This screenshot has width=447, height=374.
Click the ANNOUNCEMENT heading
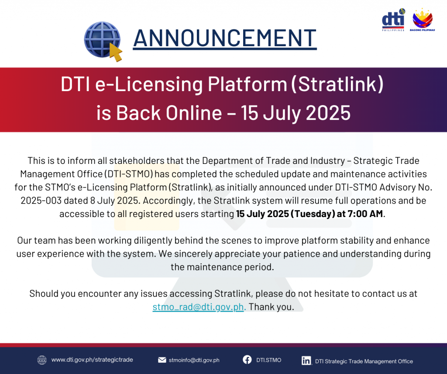pyautogui.click(x=225, y=38)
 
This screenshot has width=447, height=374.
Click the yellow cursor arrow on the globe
pyautogui.click(x=116, y=52)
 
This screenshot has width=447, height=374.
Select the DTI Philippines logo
pyautogui.click(x=393, y=20)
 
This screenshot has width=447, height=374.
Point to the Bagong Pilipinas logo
pyautogui.click(x=423, y=20)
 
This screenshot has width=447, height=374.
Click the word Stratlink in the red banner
pyautogui.click(x=337, y=84)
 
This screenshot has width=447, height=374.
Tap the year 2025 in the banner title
pyautogui.click(x=328, y=113)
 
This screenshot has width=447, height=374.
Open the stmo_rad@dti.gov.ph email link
pyautogui.click(x=199, y=307)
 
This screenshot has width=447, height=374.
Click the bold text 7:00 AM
pyautogui.click(x=365, y=214)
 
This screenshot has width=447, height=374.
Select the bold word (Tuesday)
pyautogui.click(x=313, y=214)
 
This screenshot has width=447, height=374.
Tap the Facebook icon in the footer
pyautogui.click(x=247, y=360)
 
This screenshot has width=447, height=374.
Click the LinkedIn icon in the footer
pyautogui.click(x=306, y=360)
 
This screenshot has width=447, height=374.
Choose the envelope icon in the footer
pyautogui.click(x=162, y=360)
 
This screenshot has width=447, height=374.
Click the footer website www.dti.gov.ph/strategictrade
pyautogui.click(x=92, y=360)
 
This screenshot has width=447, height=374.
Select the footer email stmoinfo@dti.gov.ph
pyautogui.click(x=194, y=360)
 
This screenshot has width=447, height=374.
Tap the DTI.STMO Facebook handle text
pyautogui.click(x=268, y=360)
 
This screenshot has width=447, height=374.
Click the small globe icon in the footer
pyautogui.click(x=42, y=360)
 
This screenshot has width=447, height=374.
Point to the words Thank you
pyautogui.click(x=271, y=307)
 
